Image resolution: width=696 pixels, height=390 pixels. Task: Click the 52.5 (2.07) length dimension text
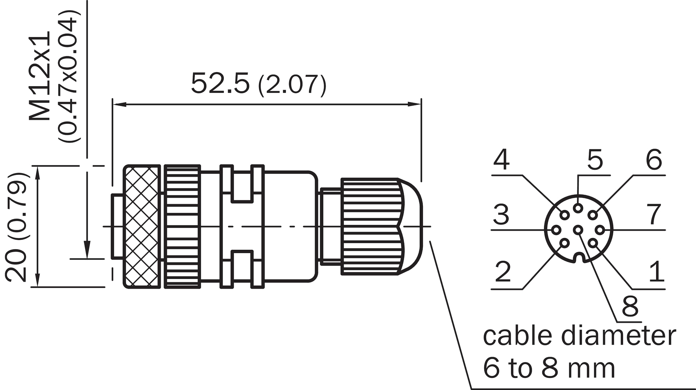pos(258,84)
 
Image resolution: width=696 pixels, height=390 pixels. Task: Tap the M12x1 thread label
pos(40,76)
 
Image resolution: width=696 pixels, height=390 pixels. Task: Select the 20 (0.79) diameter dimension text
pos(16,227)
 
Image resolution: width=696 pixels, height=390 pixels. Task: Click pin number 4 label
pos(501,159)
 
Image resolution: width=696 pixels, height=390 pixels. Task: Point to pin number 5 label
pos(595,160)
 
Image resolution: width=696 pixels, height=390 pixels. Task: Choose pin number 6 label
pos(654,159)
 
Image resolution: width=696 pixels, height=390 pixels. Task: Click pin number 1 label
pos(657,271)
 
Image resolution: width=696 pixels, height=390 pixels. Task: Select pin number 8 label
pos(630,306)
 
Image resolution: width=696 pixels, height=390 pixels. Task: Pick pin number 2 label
pos(503,271)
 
